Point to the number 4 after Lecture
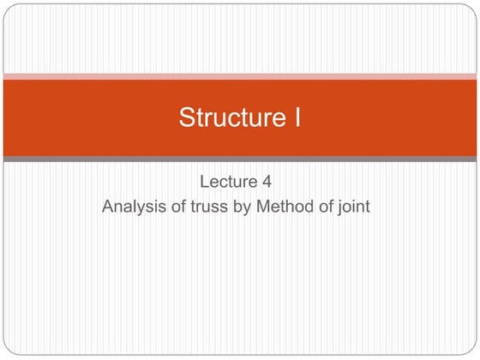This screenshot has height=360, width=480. click(275, 182)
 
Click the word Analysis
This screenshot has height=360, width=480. click(132, 206)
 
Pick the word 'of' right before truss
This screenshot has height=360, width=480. click(177, 206)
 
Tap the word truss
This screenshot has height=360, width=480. click(207, 206)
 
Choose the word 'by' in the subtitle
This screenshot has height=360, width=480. click(241, 207)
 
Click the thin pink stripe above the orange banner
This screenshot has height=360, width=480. click(240, 76)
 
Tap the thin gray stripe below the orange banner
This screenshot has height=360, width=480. click(240, 159)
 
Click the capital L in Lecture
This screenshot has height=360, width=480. click(204, 182)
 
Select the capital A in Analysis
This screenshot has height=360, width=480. click(108, 206)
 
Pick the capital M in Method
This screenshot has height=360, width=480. click(262, 206)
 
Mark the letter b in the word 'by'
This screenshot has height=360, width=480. click(237, 206)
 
